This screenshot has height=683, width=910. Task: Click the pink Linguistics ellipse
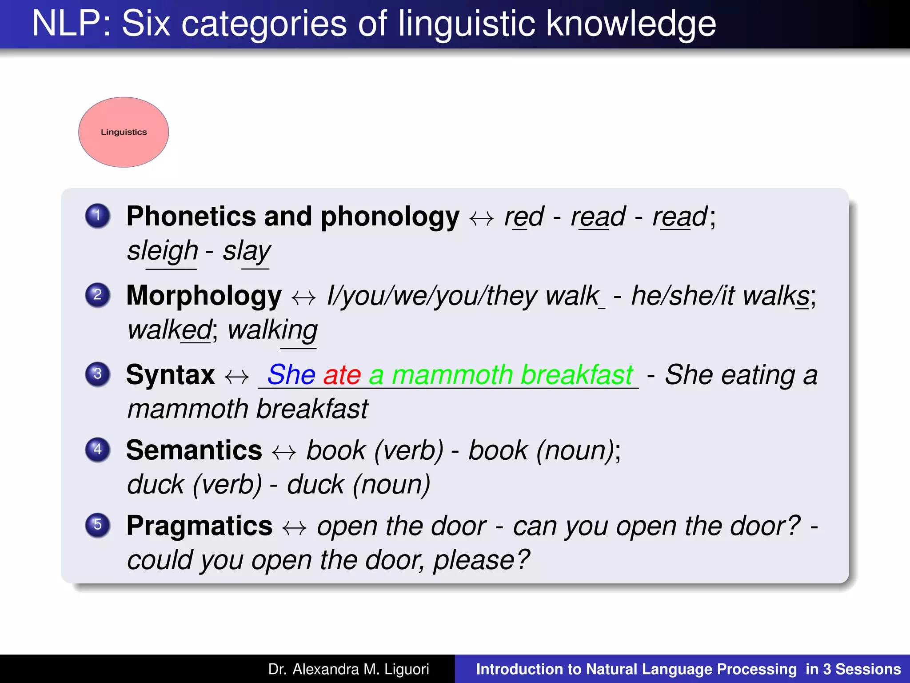click(124, 132)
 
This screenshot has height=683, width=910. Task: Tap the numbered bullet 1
click(97, 216)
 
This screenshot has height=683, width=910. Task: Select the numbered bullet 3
click(97, 374)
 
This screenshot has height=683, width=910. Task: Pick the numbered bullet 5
click(97, 525)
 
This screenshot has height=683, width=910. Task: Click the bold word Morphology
click(204, 296)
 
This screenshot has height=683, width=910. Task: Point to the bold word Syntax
click(170, 375)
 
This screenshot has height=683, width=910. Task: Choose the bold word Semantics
click(194, 450)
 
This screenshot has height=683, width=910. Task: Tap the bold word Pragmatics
click(199, 526)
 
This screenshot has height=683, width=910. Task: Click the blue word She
click(291, 375)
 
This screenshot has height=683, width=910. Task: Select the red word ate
click(342, 375)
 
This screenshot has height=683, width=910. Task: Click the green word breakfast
click(576, 375)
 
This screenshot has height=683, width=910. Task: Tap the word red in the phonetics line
click(523, 217)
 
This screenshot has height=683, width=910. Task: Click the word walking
click(272, 330)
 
